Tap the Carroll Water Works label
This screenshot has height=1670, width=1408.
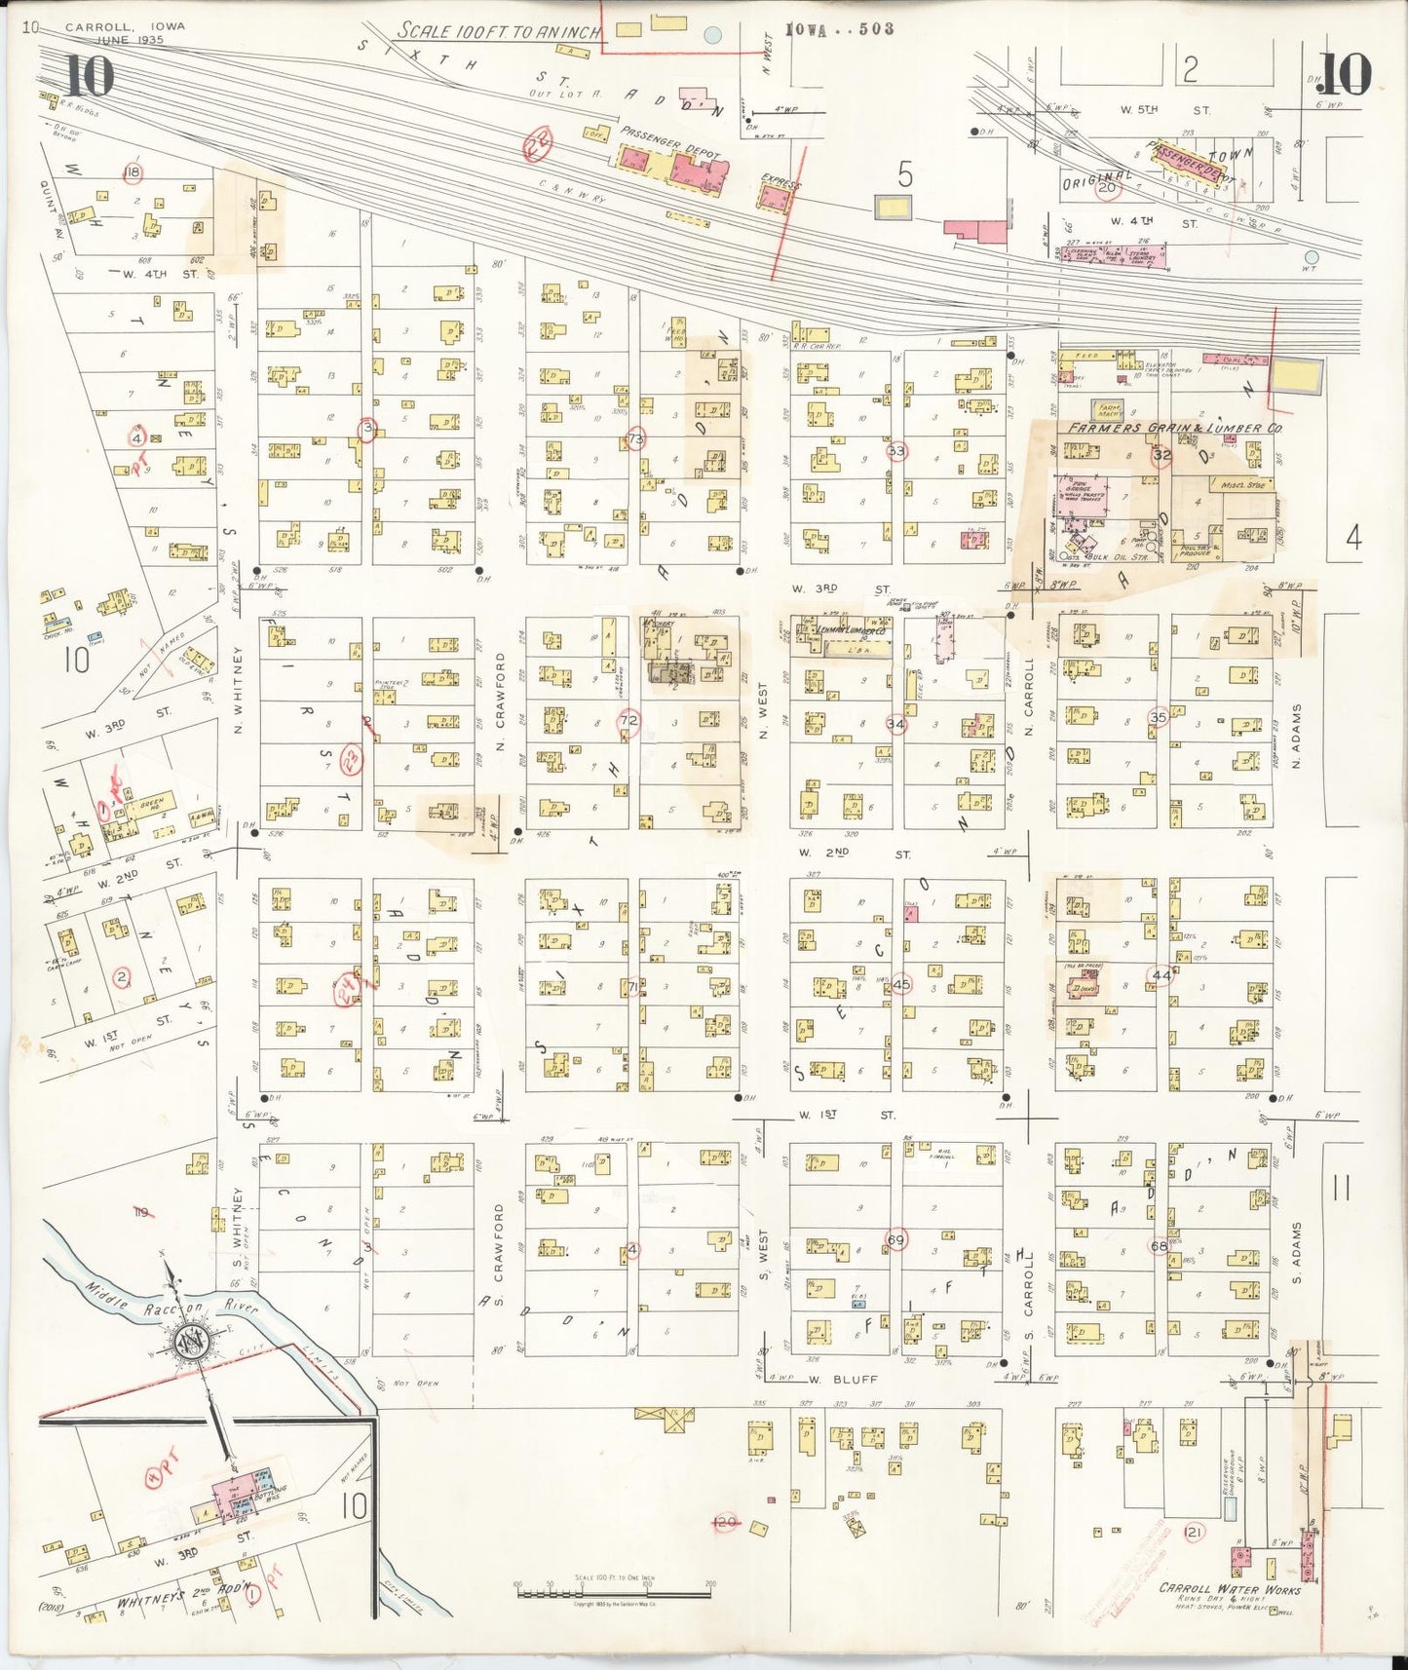click(1229, 1589)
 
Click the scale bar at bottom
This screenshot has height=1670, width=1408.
click(613, 1594)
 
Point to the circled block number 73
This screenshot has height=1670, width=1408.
click(636, 438)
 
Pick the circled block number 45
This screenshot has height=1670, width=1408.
click(900, 983)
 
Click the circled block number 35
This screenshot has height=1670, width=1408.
click(1158, 717)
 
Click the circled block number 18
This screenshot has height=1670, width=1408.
click(132, 173)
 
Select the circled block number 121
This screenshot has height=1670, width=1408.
click(1194, 1533)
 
